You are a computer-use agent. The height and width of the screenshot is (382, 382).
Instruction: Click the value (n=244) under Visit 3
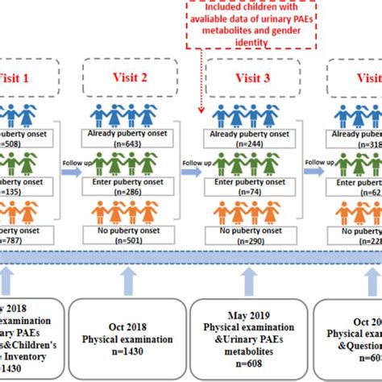(248, 144)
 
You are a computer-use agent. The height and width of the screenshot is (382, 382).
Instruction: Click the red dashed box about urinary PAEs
(255, 23)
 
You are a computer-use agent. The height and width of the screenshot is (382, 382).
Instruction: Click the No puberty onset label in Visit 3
(248, 231)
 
